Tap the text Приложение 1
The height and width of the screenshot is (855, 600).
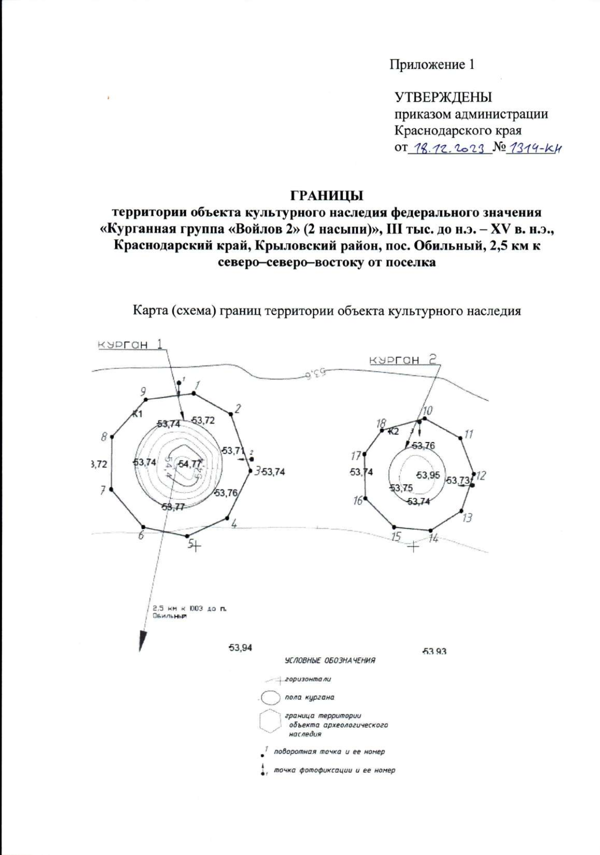coord(432,64)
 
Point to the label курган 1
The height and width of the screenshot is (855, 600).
coord(130,345)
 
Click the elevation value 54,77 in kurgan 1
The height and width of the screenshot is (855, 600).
coord(189,463)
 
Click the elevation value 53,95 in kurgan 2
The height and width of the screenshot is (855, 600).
coord(428,474)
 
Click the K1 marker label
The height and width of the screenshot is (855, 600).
coord(137,413)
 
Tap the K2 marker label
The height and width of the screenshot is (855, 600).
coord(393,431)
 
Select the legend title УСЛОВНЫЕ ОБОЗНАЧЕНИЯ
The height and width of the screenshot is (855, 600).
coord(329,660)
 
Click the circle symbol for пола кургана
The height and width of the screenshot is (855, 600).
coord(270,697)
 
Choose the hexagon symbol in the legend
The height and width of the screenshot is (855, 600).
coord(270,721)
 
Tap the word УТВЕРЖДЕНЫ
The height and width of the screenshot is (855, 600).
coord(443,96)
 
